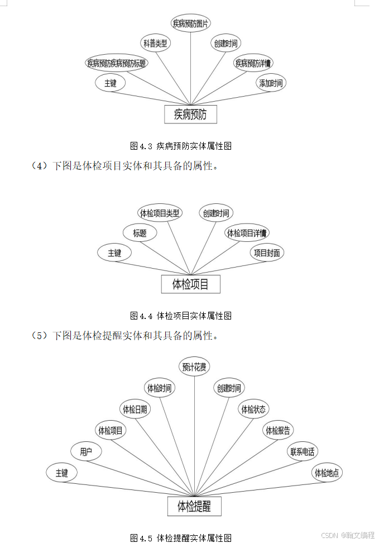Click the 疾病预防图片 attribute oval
[x=191, y=23]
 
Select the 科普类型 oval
[x=155, y=43]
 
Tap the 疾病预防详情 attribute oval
[x=253, y=63]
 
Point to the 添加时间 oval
[x=271, y=84]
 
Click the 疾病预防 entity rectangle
[x=190, y=115]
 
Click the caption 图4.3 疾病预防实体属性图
[x=181, y=146]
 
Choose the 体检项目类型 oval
[x=160, y=213]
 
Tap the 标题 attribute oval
[x=140, y=233]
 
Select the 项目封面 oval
[x=267, y=253]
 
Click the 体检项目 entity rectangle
[x=190, y=284]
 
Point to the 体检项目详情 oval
[x=247, y=233]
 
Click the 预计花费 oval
[x=194, y=367]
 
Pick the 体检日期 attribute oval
[x=135, y=409]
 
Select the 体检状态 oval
[x=253, y=409]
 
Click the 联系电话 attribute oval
[x=303, y=452]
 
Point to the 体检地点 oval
[x=327, y=473]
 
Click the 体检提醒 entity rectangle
[x=194, y=507]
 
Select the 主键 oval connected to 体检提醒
[x=61, y=473]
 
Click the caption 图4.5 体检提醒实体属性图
[x=181, y=538]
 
